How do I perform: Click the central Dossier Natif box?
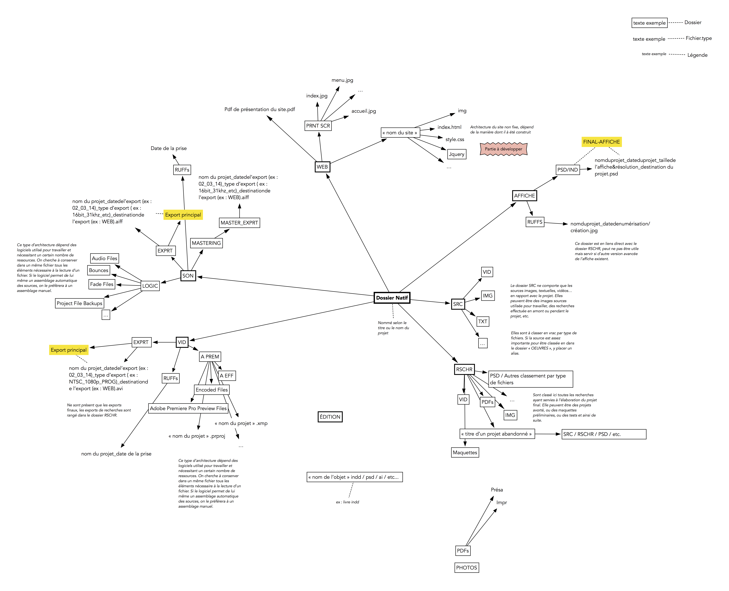(x=392, y=298)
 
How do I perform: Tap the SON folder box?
(x=188, y=276)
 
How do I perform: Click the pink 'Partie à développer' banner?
(x=503, y=149)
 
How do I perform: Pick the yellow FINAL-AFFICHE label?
(x=601, y=142)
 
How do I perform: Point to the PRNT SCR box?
(x=318, y=126)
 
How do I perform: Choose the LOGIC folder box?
(x=150, y=286)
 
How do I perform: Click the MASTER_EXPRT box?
(x=239, y=223)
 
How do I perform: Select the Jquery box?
(x=456, y=154)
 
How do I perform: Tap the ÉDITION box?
(x=330, y=417)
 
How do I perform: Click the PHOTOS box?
(x=466, y=568)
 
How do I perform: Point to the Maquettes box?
(x=465, y=452)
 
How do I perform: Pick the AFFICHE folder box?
(x=524, y=196)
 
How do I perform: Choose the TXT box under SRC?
(x=483, y=321)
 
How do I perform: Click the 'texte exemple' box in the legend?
(x=649, y=23)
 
